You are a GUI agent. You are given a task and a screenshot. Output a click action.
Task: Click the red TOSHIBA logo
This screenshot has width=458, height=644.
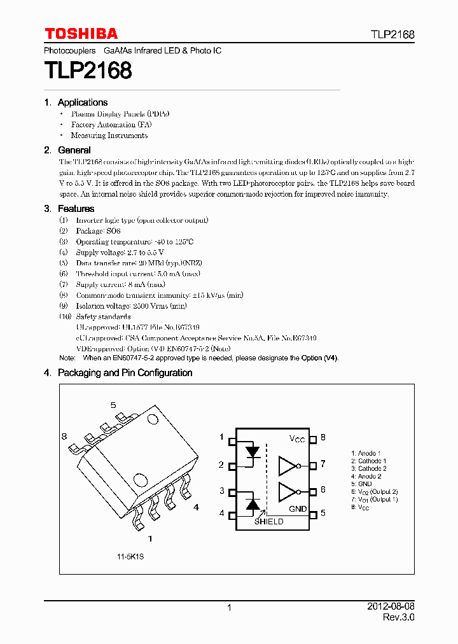coord(81,34)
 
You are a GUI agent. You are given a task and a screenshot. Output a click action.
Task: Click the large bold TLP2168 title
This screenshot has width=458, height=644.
coord(88,70)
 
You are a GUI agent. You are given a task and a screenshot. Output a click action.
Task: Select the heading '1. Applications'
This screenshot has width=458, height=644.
coord(76,102)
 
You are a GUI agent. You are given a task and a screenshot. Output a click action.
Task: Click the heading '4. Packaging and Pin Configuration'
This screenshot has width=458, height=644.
coord(118,373)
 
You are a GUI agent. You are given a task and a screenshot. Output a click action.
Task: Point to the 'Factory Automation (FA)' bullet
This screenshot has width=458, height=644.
coord(111,125)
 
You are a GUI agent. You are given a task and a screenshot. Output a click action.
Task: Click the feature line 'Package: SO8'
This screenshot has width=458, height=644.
coord(98,231)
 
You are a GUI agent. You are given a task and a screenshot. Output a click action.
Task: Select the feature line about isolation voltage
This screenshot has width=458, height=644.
coord(131,305)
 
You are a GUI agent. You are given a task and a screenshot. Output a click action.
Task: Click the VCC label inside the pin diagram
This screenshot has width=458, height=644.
coord(297,439)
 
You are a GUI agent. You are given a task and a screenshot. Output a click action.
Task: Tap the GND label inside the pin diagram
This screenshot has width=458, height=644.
coord(298,509)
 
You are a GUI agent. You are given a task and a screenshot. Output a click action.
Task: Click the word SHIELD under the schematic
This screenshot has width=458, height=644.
coord(269,522)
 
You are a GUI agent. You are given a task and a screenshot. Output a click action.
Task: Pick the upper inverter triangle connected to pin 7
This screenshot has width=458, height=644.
coord(288,466)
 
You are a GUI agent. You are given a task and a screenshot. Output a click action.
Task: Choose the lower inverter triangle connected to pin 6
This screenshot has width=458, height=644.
coord(288,492)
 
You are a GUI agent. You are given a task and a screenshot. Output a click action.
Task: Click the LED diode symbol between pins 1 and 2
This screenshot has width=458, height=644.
coord(253,452)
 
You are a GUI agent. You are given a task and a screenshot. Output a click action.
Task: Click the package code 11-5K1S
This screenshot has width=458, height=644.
coord(130,557)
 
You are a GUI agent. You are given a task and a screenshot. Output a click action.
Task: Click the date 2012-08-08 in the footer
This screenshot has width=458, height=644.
coord(391,607)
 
